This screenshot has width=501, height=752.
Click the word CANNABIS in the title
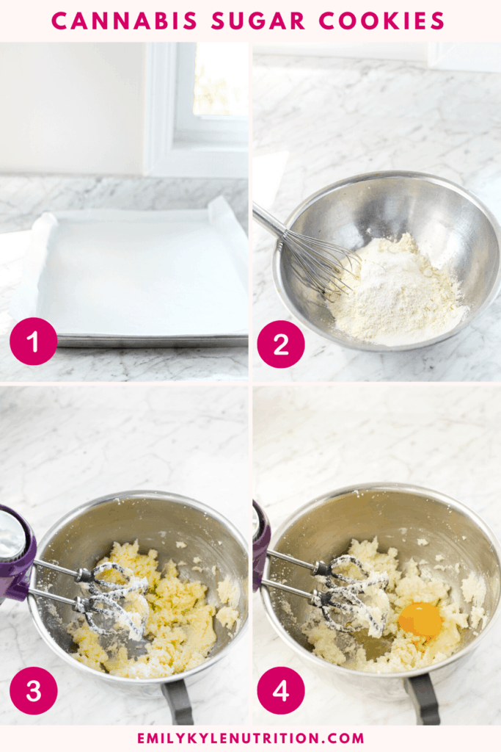pyautogui.click(x=125, y=21)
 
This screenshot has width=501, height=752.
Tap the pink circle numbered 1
pyautogui.click(x=33, y=341)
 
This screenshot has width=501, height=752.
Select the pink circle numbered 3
pyautogui.click(x=33, y=691)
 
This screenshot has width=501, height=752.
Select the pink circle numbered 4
pyautogui.click(x=281, y=691)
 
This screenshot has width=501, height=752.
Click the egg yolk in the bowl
pyautogui.click(x=420, y=620)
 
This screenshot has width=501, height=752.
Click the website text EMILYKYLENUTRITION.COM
pyautogui.click(x=250, y=738)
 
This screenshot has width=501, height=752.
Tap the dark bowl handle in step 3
pyautogui.click(x=178, y=701)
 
